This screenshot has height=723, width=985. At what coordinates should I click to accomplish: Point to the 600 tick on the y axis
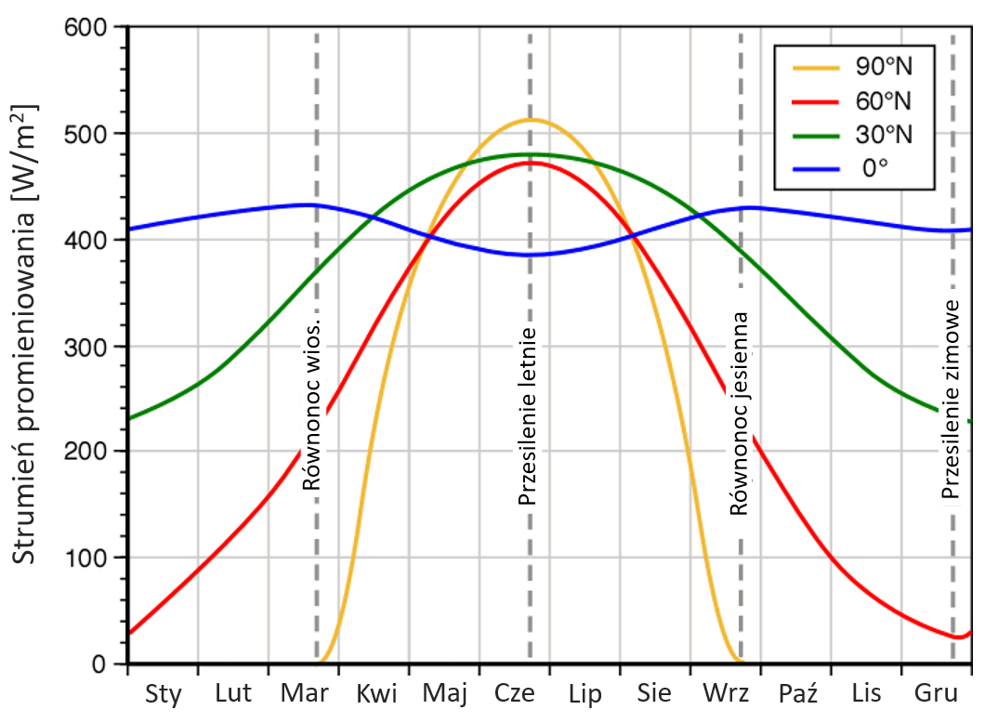(91, 27)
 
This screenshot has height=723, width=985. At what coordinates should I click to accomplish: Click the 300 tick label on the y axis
(91, 346)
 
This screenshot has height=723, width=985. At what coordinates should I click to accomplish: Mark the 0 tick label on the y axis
(103, 664)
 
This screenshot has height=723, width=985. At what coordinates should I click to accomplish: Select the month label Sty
(164, 693)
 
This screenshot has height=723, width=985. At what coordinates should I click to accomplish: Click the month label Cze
(515, 693)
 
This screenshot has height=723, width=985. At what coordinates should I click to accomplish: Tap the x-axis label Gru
(936, 693)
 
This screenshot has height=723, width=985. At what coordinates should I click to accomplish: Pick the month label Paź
(796, 693)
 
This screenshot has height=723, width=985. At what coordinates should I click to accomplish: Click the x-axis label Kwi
(376, 693)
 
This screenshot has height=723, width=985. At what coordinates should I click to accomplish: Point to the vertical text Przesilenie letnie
(528, 416)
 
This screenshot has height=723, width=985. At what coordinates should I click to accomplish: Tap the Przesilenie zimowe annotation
(950, 400)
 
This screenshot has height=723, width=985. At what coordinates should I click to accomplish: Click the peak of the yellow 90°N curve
(531, 119)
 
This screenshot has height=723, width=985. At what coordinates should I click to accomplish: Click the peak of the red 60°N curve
(531, 162)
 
